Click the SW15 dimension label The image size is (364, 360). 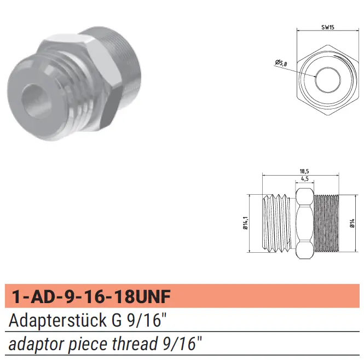(327, 27)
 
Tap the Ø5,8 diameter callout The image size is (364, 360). (281, 63)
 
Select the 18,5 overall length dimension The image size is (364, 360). (304, 171)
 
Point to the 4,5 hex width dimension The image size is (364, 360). (304, 179)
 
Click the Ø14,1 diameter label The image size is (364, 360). (245, 223)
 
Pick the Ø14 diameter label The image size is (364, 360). (353, 223)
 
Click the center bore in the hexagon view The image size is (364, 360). (328, 80)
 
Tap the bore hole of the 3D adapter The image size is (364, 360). (37, 101)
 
